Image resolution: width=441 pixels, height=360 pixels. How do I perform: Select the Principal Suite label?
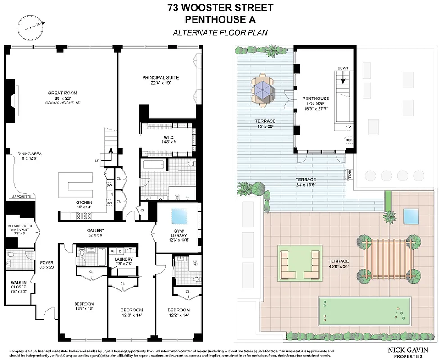(x=157, y=80)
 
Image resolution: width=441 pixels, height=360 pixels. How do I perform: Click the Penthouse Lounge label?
(x=315, y=103)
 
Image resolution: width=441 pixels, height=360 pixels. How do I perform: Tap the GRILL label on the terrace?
(x=350, y=174)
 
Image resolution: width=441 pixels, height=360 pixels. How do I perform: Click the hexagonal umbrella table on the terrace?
(x=263, y=89)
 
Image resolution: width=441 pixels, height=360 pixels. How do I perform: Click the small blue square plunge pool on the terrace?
(x=411, y=216)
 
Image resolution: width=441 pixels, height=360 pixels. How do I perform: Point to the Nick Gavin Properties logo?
(x=408, y=351)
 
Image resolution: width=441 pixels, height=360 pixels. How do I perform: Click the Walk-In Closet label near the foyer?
(x=18, y=288)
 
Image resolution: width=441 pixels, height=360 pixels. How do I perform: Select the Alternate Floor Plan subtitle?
(x=220, y=32)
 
